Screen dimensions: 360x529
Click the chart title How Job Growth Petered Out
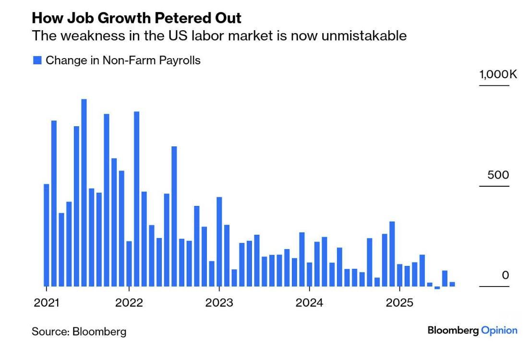(x=136, y=18)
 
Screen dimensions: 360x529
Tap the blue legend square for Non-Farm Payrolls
(x=37, y=60)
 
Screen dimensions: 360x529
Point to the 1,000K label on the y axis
(x=494, y=74)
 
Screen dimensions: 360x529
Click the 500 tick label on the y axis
(x=498, y=175)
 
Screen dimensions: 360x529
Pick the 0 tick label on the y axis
(x=505, y=275)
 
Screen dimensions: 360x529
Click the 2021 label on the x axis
(x=46, y=303)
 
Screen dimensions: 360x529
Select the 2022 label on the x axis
(x=129, y=303)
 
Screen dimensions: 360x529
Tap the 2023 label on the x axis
(x=219, y=303)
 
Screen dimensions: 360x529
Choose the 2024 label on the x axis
(x=310, y=303)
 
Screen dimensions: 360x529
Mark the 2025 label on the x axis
(x=399, y=303)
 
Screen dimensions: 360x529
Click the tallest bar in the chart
(x=84, y=192)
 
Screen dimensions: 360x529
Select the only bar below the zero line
(x=437, y=288)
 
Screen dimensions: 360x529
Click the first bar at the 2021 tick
(x=47, y=235)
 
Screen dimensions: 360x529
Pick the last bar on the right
(x=452, y=284)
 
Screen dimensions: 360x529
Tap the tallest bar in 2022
(x=137, y=199)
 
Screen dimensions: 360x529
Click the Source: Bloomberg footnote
(x=79, y=331)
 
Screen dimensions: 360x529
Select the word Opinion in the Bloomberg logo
(x=499, y=330)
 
